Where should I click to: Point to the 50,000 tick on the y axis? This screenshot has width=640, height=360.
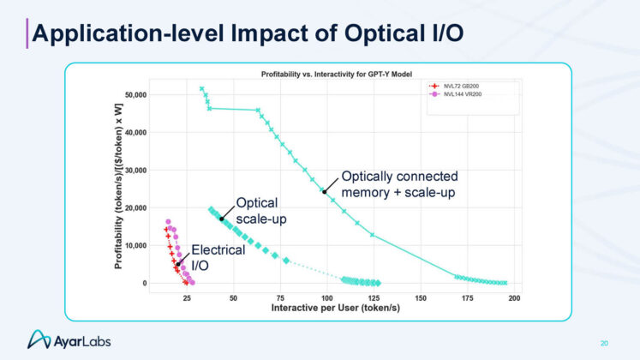click(x=136, y=94)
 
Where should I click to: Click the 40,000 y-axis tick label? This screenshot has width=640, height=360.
click(x=136, y=132)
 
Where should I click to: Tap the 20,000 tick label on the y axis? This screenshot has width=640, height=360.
click(x=136, y=207)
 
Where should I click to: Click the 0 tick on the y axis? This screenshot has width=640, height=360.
click(x=145, y=283)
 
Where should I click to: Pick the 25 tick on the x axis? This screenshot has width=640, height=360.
click(x=186, y=297)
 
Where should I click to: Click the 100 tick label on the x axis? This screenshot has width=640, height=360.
click(x=326, y=297)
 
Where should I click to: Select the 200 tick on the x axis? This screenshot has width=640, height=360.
click(x=514, y=297)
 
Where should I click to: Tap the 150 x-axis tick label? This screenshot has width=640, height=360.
click(x=421, y=297)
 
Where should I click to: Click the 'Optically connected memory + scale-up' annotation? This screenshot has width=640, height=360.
click(x=399, y=184)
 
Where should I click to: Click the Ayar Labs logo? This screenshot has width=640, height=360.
click(x=69, y=341)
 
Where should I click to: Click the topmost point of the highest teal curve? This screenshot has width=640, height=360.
click(x=201, y=88)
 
